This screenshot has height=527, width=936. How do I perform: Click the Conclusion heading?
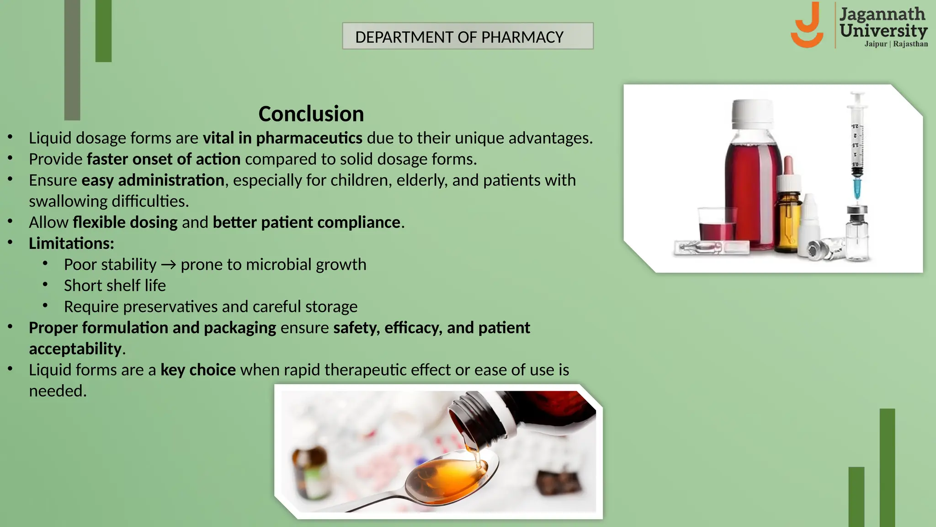[x=311, y=114]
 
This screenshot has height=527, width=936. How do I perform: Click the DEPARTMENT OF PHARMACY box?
[x=468, y=36]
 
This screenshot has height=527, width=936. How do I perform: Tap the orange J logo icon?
[x=808, y=26]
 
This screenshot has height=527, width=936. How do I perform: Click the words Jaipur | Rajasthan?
[x=896, y=44]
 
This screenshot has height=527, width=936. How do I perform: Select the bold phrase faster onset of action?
[x=164, y=159]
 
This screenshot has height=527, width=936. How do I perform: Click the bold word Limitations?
[x=71, y=243]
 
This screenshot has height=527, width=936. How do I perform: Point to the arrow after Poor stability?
[x=169, y=265]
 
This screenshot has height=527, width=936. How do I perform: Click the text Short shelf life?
[x=115, y=285]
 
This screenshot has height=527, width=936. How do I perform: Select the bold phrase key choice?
[x=198, y=370]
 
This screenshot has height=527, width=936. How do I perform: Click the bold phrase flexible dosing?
[x=125, y=222]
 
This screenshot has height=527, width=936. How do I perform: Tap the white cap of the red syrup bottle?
[x=753, y=114]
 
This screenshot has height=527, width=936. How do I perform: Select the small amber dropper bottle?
[x=788, y=215]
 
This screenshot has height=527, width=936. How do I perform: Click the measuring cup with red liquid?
[x=717, y=224]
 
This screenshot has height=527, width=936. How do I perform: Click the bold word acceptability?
[x=75, y=349]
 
